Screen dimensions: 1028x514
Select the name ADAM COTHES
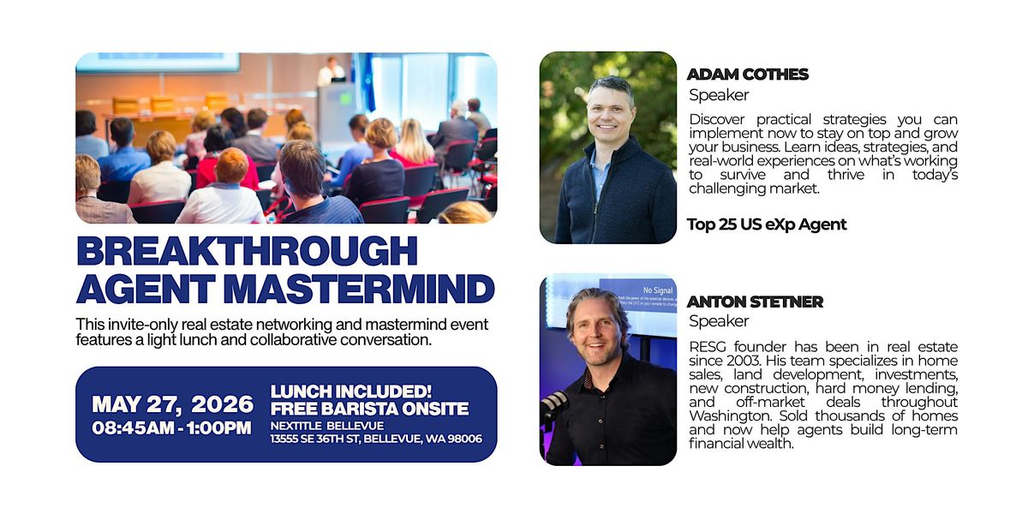[x=748, y=75]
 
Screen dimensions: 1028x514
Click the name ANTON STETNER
[x=755, y=302]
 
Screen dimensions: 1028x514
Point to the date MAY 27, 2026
[x=172, y=404]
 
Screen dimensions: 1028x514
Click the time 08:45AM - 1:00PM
[x=171, y=428]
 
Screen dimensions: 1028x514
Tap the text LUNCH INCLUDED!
[x=351, y=391]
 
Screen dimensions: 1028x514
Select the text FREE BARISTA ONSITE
[x=369, y=409]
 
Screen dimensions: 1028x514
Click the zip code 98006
[x=465, y=439]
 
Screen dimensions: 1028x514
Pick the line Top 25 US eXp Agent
[x=767, y=224]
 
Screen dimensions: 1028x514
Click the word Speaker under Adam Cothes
[x=719, y=95]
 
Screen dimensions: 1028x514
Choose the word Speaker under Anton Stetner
[x=719, y=320]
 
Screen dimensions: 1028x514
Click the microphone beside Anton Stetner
[x=554, y=406]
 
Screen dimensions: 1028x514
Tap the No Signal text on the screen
[x=658, y=290]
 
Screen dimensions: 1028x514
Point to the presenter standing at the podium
[x=331, y=71]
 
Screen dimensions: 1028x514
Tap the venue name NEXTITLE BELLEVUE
[x=326, y=426]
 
